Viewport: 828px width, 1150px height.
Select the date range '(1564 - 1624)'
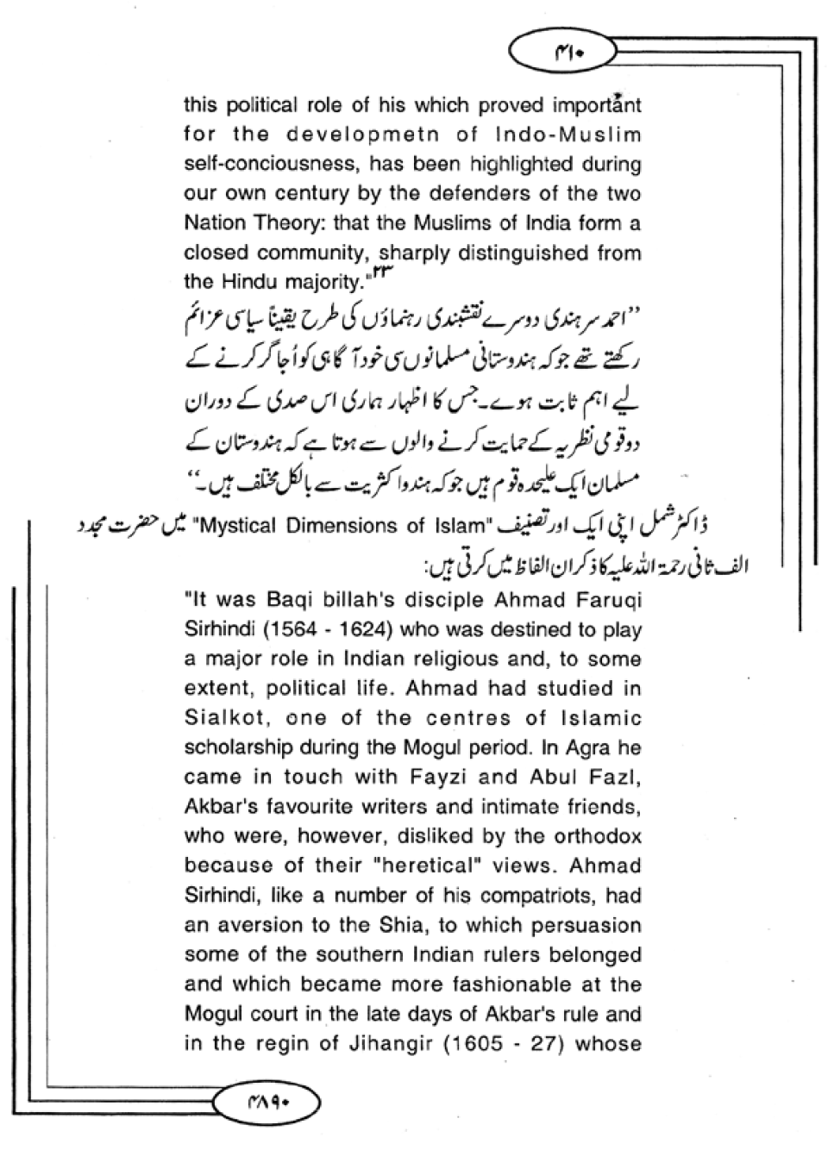pos(327,630)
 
